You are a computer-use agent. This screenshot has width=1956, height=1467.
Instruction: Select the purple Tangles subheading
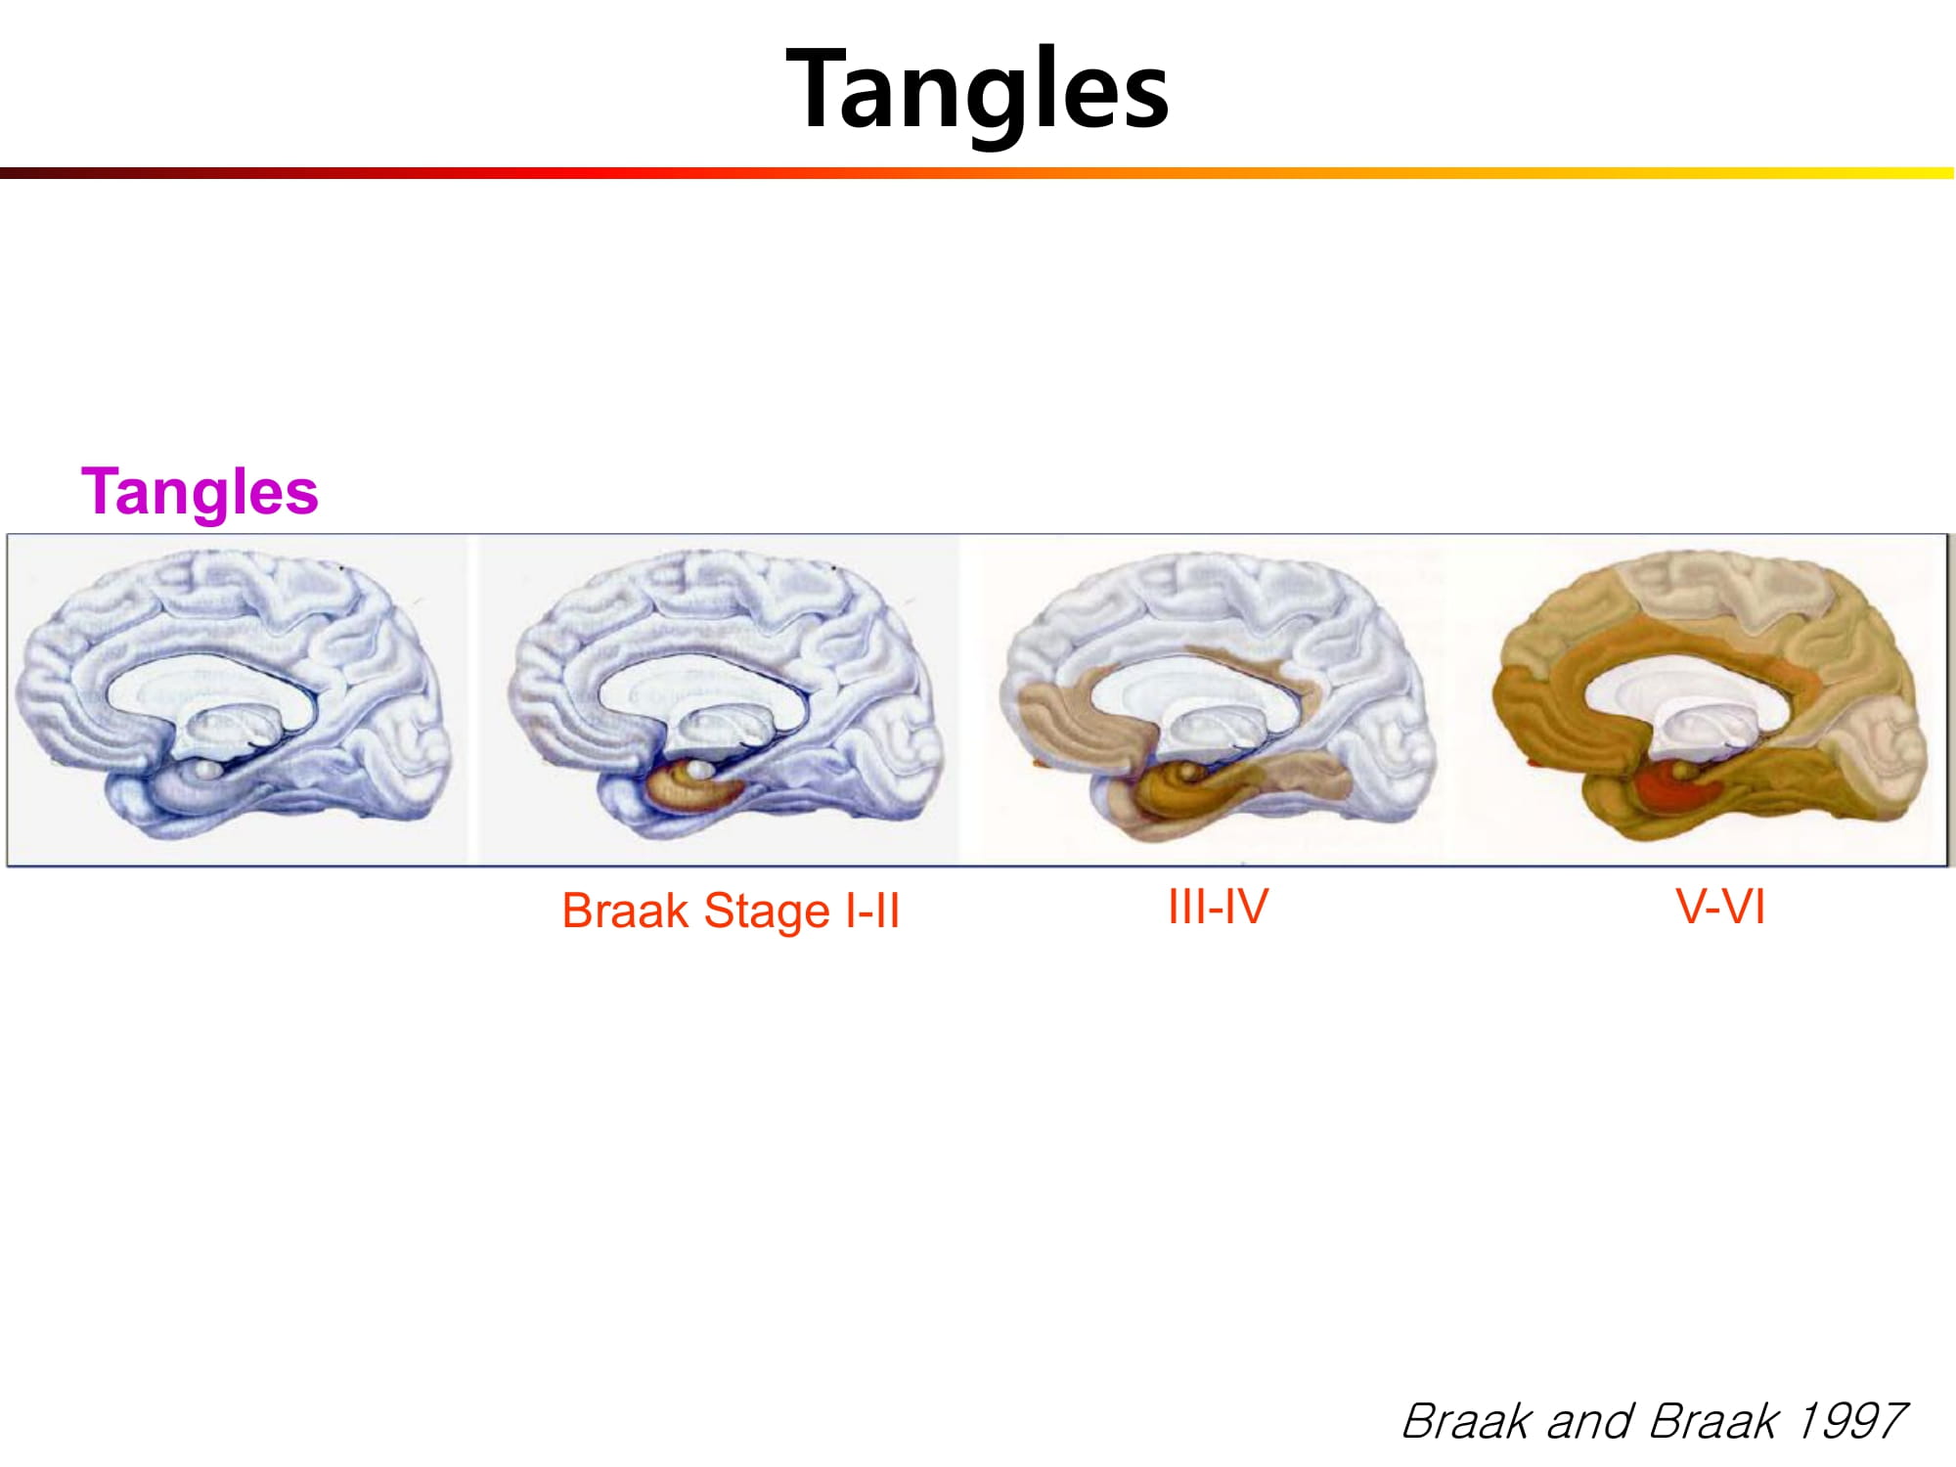pyautogui.click(x=200, y=492)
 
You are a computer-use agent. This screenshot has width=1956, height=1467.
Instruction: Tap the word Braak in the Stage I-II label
pyautogui.click(x=626, y=911)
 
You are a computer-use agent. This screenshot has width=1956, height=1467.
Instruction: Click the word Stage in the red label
pyautogui.click(x=767, y=911)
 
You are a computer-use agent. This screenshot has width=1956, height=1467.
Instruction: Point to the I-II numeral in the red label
pyautogui.click(x=872, y=911)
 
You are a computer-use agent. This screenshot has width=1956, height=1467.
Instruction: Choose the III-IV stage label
pyautogui.click(x=1218, y=907)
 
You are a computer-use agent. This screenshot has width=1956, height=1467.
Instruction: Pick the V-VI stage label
pyautogui.click(x=1720, y=907)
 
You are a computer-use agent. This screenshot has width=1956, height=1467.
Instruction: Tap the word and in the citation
pyautogui.click(x=1591, y=1421)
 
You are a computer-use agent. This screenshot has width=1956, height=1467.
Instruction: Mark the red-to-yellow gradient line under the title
pyautogui.click(x=977, y=173)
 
